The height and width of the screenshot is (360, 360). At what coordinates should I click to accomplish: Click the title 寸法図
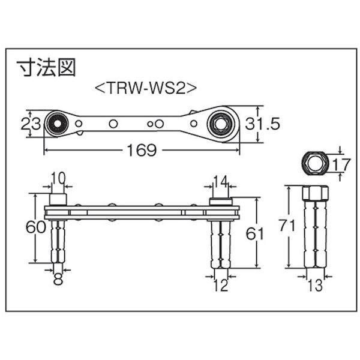[46, 67]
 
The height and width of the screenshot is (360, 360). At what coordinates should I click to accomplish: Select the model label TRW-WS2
[146, 88]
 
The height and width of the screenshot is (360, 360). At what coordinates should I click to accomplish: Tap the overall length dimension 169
[142, 150]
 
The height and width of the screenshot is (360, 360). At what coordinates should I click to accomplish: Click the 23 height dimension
[31, 124]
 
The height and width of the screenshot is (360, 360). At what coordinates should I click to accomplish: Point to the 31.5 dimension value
[262, 124]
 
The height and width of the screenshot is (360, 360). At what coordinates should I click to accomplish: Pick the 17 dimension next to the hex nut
[341, 164]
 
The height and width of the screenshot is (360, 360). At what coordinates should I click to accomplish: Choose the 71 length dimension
[287, 225]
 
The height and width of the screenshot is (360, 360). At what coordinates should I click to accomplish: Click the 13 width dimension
[315, 286]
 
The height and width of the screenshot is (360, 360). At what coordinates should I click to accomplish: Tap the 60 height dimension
[35, 227]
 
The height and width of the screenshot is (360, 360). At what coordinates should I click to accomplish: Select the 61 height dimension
[254, 234]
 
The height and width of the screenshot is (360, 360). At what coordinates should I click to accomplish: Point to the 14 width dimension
[220, 181]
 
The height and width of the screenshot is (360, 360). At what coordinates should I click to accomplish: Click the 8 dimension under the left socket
[58, 279]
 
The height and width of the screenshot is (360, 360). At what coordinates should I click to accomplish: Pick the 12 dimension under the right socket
[221, 286]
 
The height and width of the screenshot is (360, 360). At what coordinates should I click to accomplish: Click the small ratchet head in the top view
[57, 124]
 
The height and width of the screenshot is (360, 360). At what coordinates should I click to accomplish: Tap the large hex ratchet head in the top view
[223, 124]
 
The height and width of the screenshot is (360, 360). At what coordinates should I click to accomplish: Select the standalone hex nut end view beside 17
[315, 163]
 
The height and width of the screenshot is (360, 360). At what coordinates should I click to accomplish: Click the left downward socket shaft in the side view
[58, 242]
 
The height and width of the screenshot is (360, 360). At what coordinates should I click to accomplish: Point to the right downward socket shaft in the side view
[220, 244]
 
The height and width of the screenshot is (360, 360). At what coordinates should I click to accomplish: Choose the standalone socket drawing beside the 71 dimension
[316, 226]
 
